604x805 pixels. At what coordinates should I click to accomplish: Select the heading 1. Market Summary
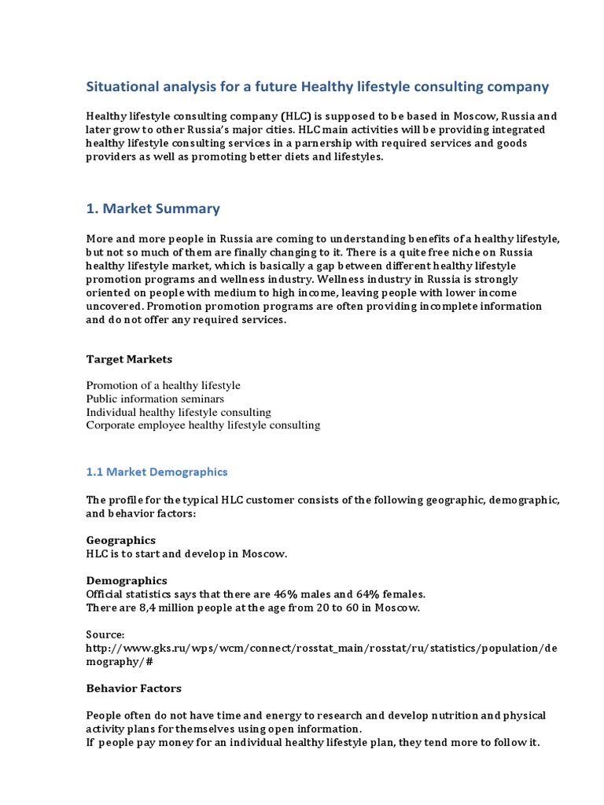pyautogui.click(x=153, y=208)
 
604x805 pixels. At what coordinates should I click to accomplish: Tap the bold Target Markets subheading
pyautogui.click(x=129, y=359)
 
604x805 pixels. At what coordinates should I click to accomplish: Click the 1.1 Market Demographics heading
pyautogui.click(x=157, y=472)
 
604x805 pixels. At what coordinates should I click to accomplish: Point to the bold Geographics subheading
pyautogui.click(x=120, y=540)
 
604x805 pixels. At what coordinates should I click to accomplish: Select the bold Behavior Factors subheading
pyautogui.click(x=134, y=688)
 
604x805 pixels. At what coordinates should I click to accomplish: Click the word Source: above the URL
pyautogui.click(x=105, y=634)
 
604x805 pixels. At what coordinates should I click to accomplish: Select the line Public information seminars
pyautogui.click(x=155, y=399)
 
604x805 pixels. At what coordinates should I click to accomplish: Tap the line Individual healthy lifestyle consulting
pyautogui.click(x=179, y=412)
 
